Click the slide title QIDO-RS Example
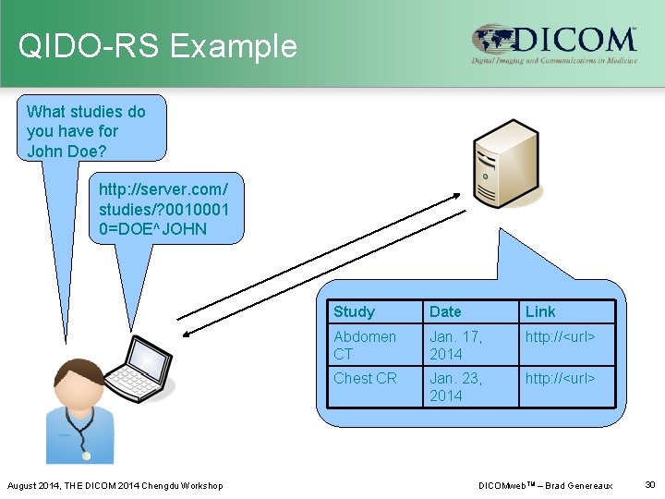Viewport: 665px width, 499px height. pyautogui.click(x=158, y=46)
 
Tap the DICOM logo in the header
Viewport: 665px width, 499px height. pyautogui.click(x=553, y=44)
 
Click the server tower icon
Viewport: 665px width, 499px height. pyautogui.click(x=504, y=164)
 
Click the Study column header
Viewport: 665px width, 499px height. pyautogui.click(x=354, y=311)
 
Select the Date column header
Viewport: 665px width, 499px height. pyautogui.click(x=445, y=311)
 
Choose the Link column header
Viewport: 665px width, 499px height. pyautogui.click(x=540, y=311)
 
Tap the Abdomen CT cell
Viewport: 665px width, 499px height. pyautogui.click(x=365, y=345)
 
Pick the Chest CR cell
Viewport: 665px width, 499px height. pyautogui.click(x=365, y=378)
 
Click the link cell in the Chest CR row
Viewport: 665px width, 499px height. pyautogui.click(x=560, y=378)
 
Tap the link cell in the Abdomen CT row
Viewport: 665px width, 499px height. pyautogui.click(x=560, y=336)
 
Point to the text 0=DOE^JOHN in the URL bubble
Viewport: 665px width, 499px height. pyautogui.click(x=152, y=228)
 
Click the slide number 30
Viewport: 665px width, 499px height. pyautogui.click(x=649, y=484)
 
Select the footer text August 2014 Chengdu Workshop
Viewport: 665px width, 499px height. pyautogui.click(x=115, y=485)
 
